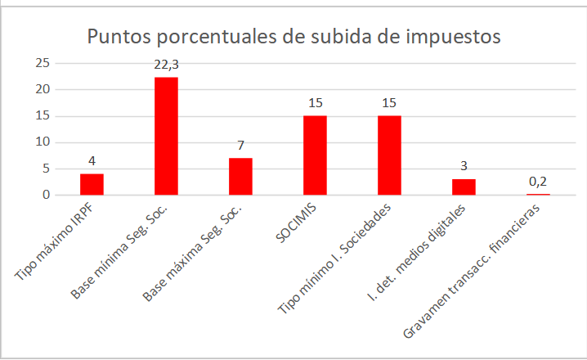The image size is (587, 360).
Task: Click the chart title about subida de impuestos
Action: tap(293, 37)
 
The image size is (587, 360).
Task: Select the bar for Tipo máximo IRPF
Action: tap(92, 184)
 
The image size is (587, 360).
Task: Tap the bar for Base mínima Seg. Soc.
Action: tap(166, 136)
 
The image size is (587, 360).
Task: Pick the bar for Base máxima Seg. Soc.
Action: tap(240, 176)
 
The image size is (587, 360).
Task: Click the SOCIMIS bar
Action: tap(315, 155)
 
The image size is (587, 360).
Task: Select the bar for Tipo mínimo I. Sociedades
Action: tap(389, 155)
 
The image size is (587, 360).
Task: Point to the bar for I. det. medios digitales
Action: tap(464, 187)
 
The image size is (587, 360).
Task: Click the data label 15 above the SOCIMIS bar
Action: tap(315, 104)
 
